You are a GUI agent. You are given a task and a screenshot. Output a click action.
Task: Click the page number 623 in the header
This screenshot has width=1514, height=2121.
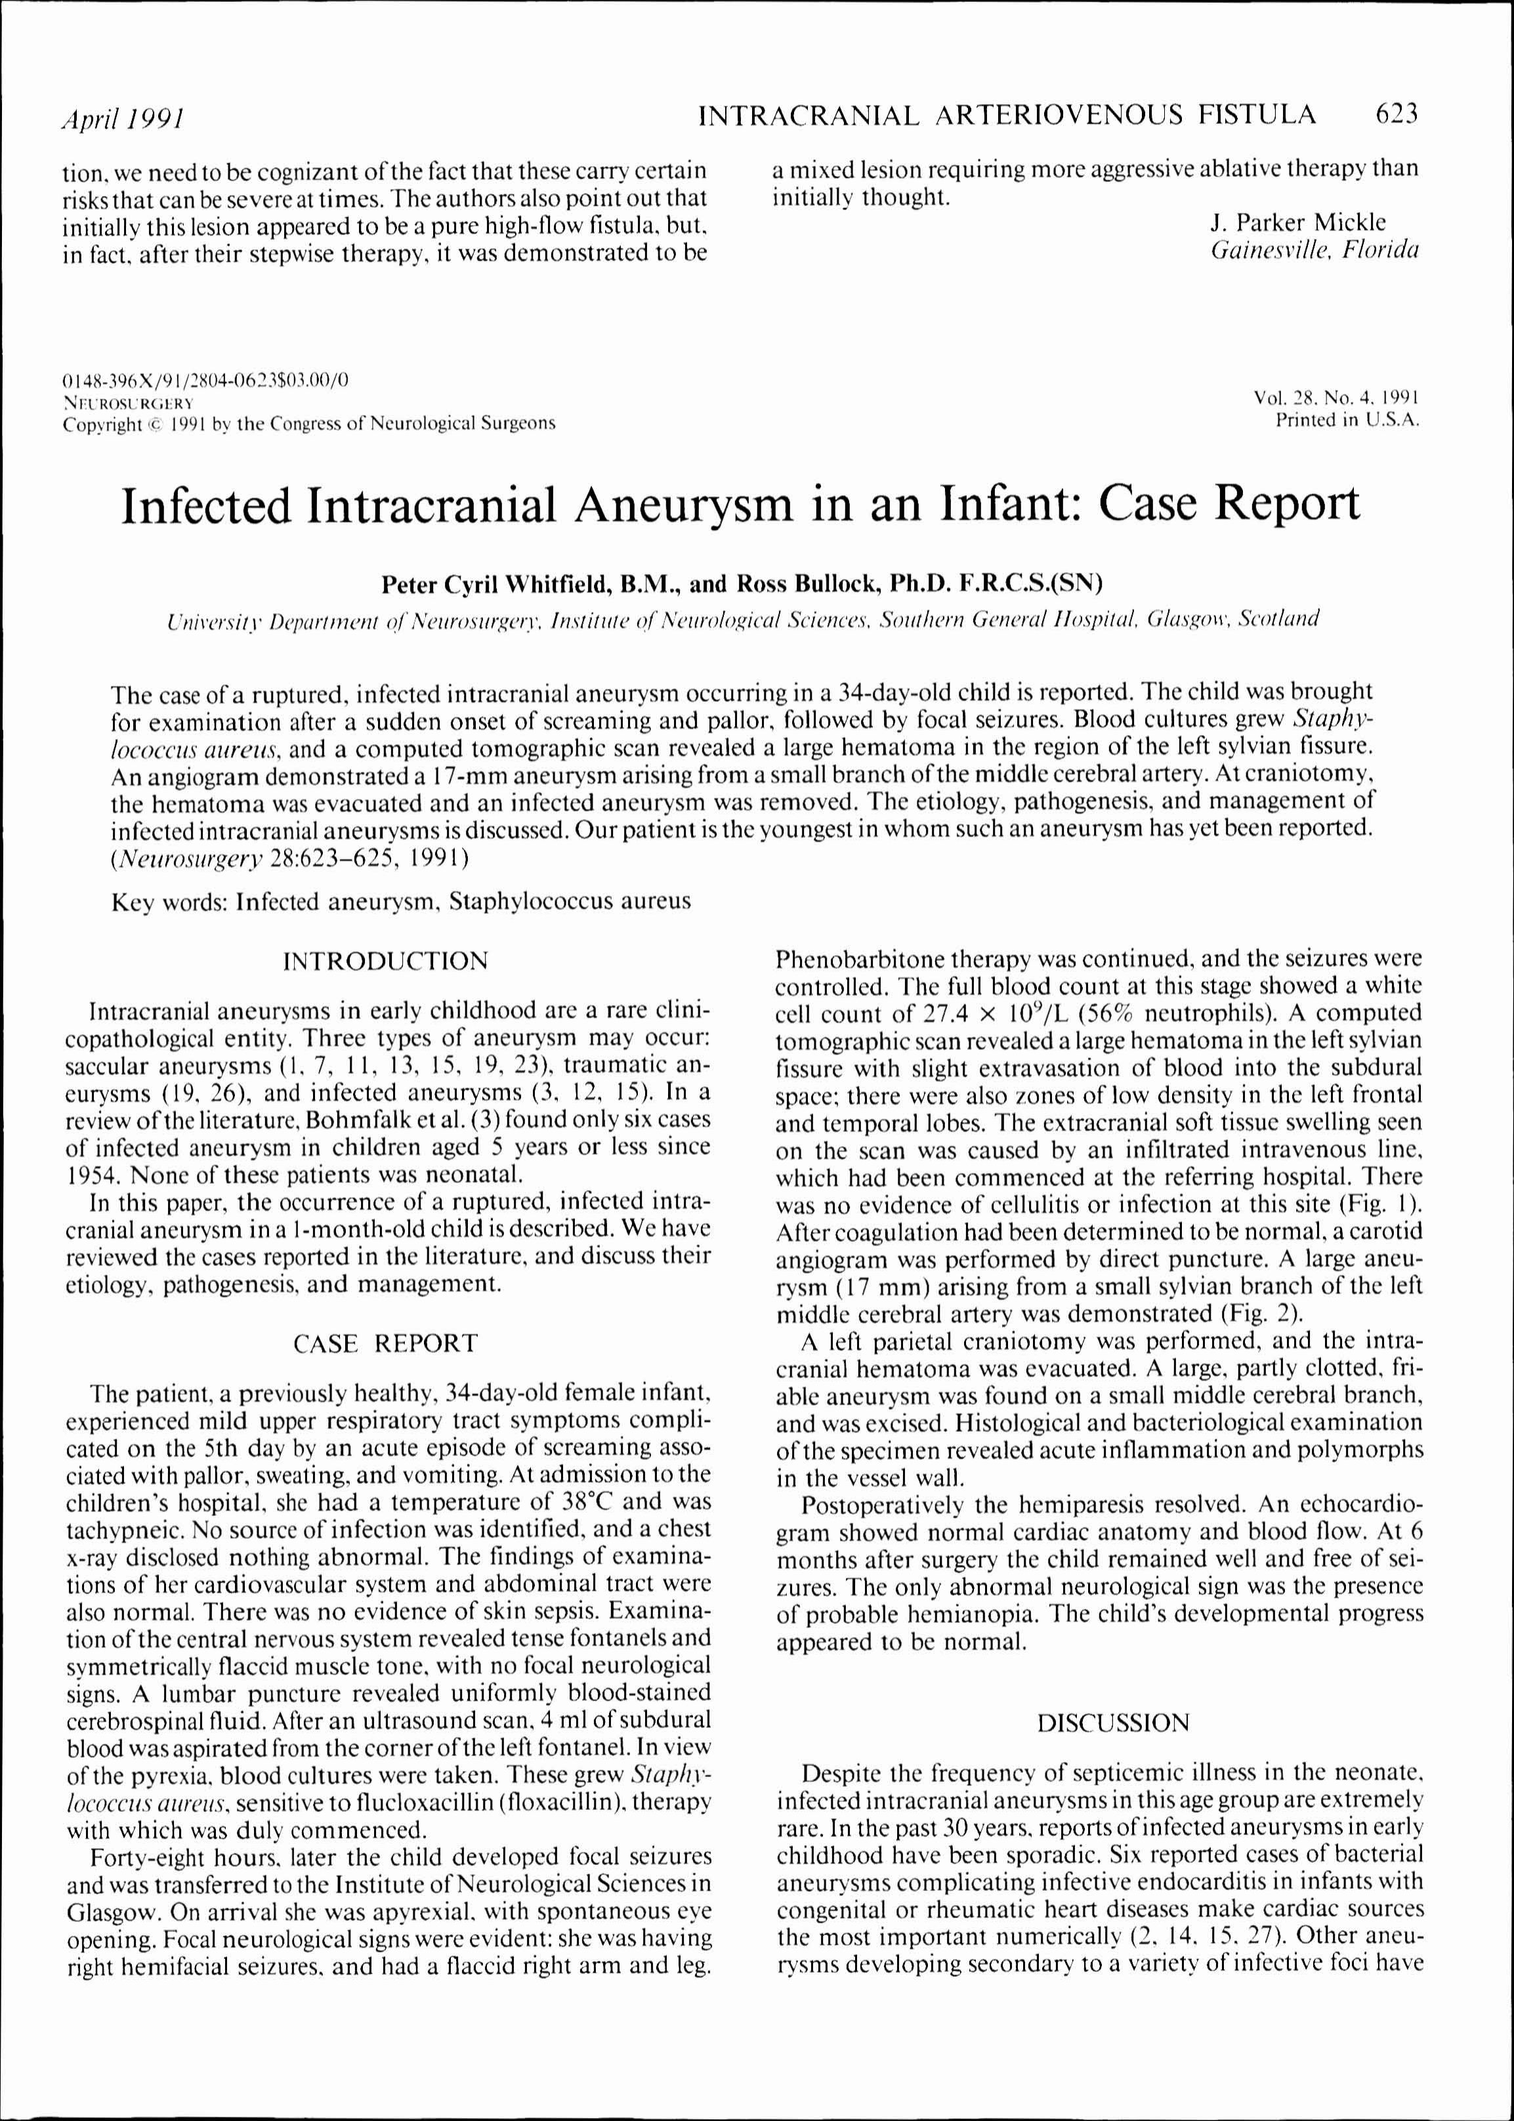1396,115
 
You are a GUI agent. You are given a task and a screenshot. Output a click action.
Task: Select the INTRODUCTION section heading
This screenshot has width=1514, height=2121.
385,961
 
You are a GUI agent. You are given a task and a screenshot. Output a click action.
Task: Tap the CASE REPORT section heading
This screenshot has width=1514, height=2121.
385,1343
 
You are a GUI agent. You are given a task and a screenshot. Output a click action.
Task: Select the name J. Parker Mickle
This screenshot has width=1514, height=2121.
1297,222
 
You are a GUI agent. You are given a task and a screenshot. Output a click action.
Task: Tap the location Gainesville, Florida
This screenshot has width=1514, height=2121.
1314,250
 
